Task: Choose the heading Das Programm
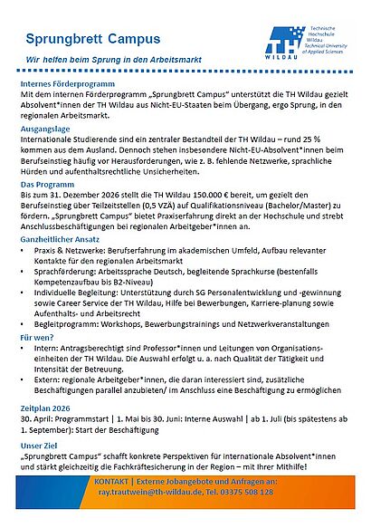[x=51, y=185]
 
